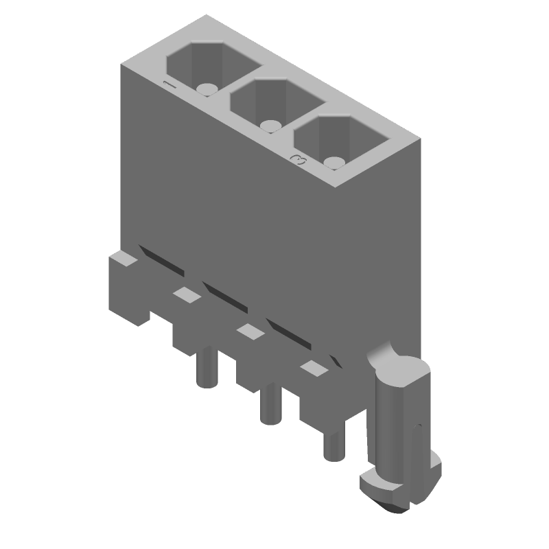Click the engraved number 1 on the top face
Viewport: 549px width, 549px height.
pyautogui.click(x=170, y=85)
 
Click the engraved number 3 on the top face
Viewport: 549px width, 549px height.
pyautogui.click(x=299, y=160)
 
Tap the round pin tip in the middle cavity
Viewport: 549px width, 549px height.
pyautogui.click(x=270, y=126)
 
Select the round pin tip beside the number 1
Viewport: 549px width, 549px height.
pyautogui.click(x=206, y=89)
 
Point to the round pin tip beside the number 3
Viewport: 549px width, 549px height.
pyautogui.click(x=334, y=163)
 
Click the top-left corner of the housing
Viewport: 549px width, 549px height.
pyautogui.click(x=123, y=67)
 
